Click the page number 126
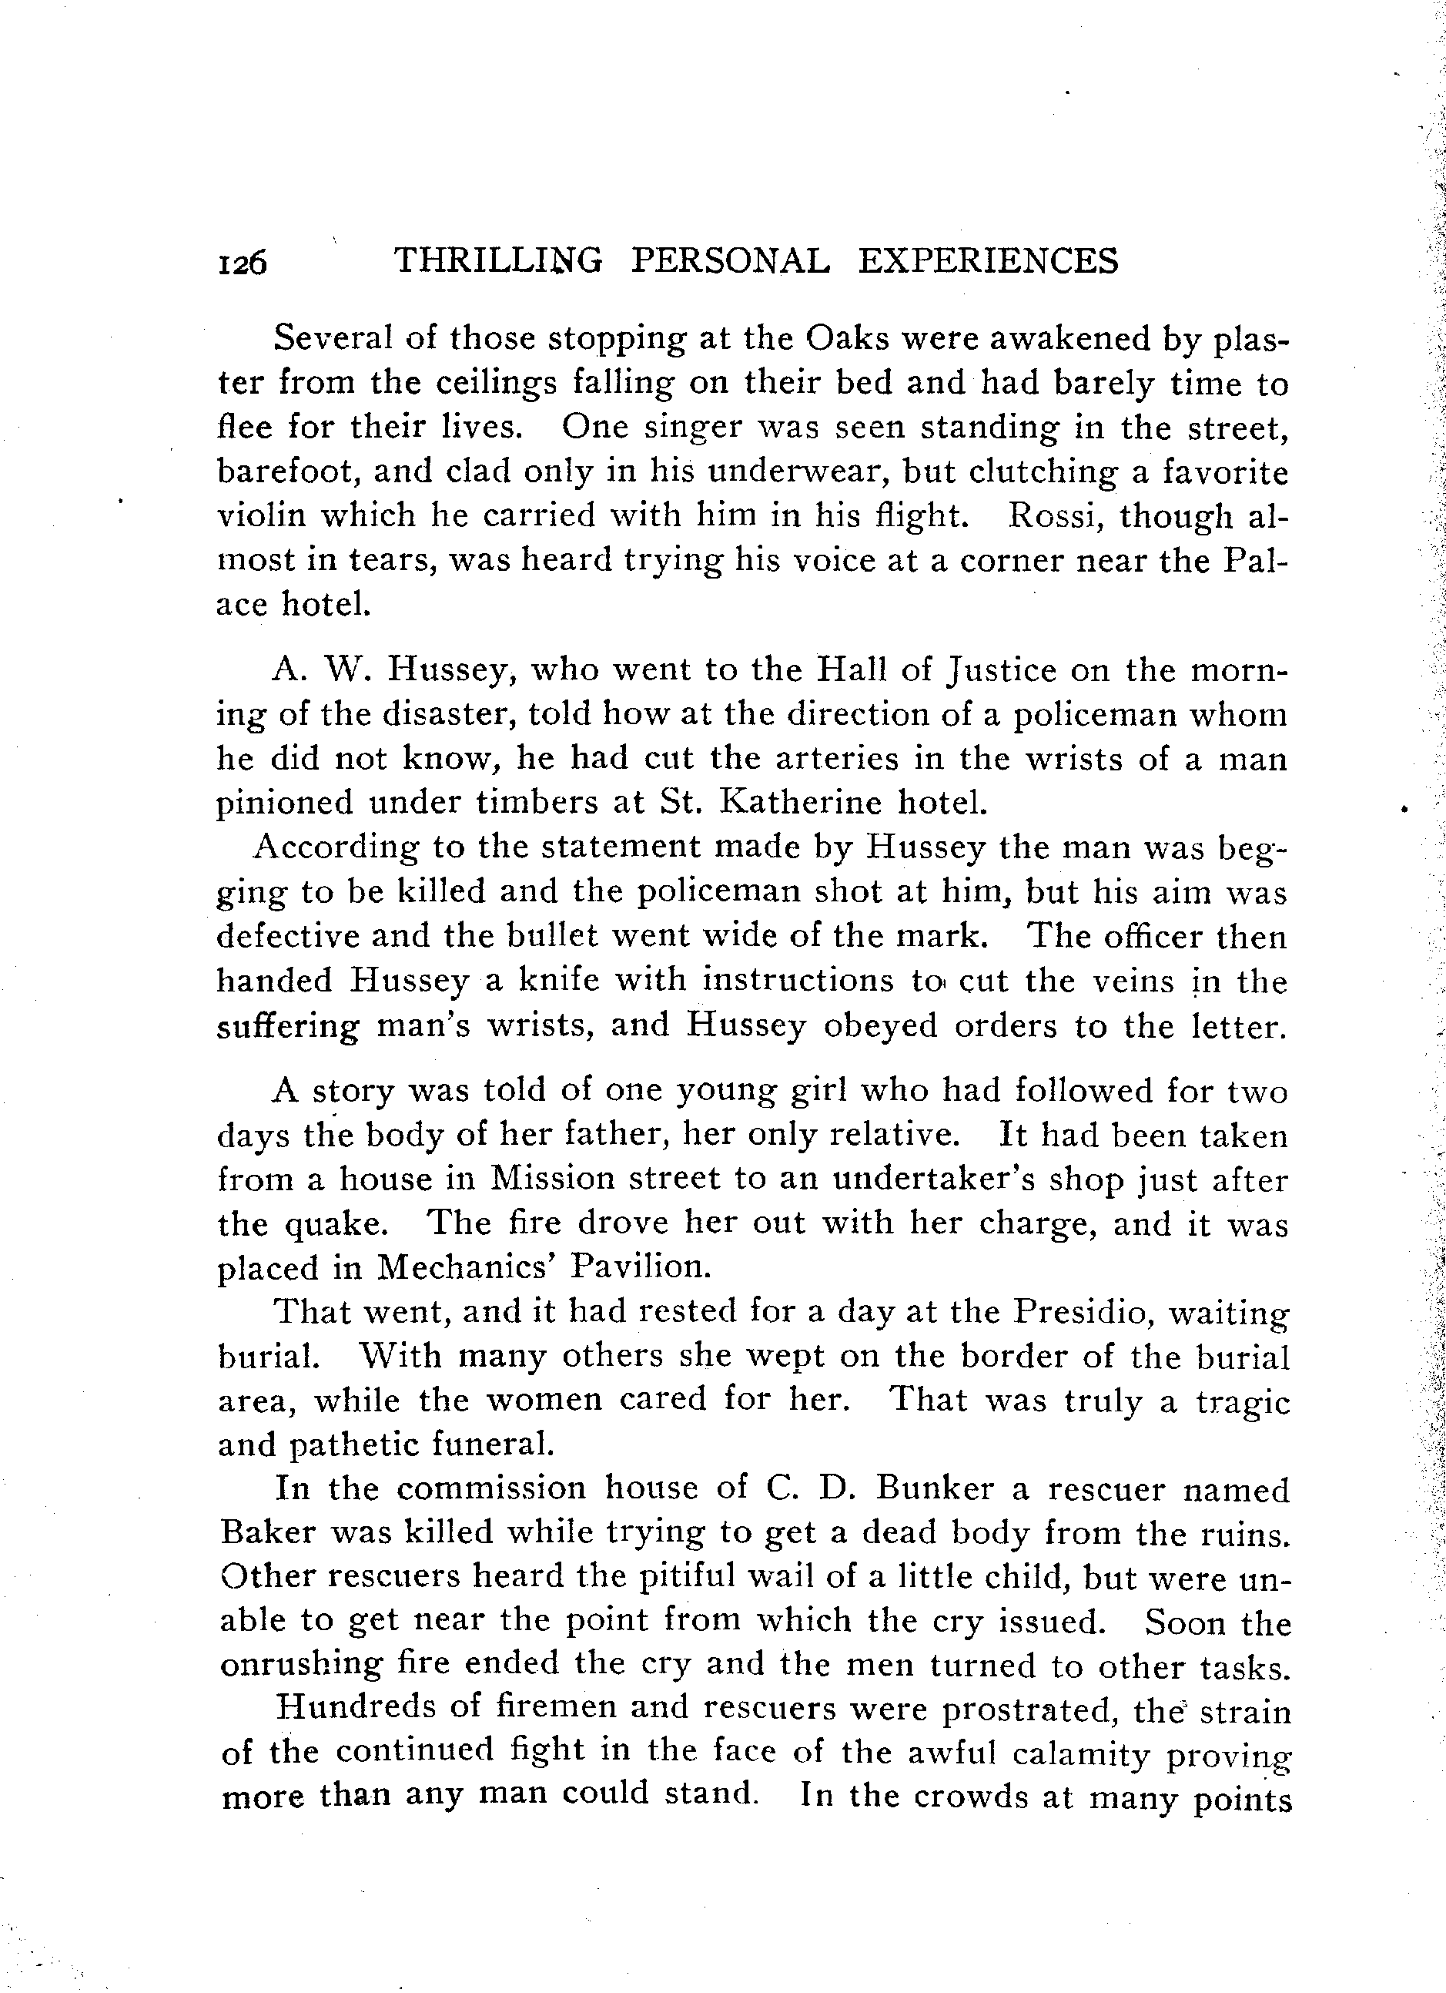coord(242,263)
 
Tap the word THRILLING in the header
coord(499,261)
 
